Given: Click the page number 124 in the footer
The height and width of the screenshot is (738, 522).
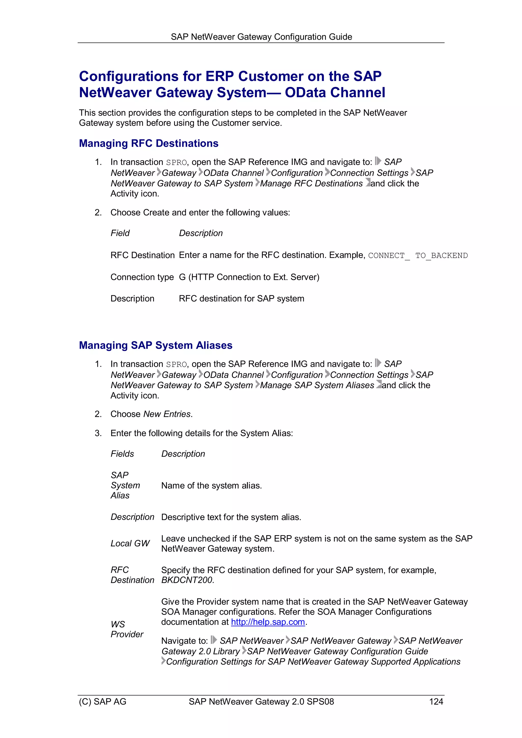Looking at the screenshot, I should [436, 701].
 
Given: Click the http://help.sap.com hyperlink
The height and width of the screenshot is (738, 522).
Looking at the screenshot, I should [268, 622].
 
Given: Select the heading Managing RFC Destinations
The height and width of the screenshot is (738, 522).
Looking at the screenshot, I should [149, 143].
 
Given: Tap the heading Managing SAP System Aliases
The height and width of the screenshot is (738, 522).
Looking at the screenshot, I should [156, 345].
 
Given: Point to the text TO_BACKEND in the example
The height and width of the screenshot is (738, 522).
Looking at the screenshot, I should [441, 256].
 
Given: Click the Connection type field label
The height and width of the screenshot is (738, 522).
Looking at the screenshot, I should [142, 277].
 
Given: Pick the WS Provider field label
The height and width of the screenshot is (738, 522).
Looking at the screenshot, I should [127, 629].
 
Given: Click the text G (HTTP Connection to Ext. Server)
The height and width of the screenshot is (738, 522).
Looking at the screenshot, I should [249, 277].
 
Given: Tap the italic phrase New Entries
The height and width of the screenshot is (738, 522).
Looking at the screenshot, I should [167, 414].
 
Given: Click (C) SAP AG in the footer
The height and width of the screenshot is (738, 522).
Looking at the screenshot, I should [103, 701].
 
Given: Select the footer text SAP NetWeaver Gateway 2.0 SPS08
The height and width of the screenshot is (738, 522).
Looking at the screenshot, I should [261, 701].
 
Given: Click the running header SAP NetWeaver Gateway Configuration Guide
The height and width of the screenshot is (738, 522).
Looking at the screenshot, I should [261, 37].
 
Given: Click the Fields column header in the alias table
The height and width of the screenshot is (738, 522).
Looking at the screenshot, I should [122, 454].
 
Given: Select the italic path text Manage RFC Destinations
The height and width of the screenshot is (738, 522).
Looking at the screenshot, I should [311, 183].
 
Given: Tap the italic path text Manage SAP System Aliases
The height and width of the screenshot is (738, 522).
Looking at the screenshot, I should [317, 385].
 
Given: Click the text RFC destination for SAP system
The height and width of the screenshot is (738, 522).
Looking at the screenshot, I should [241, 299].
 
